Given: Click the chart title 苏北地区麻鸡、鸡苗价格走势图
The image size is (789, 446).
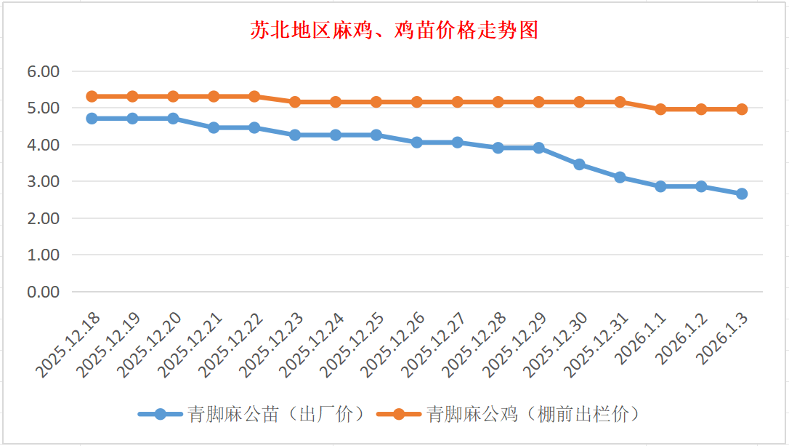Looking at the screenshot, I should coord(394,31).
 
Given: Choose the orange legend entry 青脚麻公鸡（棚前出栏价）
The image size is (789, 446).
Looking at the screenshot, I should coord(508,414).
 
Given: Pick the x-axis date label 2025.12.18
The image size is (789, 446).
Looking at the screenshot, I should coord(69,346).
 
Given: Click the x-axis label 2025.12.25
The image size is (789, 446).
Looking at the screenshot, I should coord(354,346).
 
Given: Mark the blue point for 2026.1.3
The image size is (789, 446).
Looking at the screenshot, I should coord(742,194).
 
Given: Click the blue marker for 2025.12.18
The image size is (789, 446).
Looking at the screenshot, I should coord(92,118).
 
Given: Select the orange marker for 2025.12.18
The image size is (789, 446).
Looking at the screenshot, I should coord(92,96).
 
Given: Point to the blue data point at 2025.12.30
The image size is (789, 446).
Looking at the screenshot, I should coord(579,164).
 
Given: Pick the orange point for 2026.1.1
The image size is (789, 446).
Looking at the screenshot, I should coord(660,109).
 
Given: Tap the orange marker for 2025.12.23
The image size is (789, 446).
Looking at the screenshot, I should coord(295,102).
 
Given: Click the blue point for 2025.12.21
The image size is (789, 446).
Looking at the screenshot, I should coord(214,127).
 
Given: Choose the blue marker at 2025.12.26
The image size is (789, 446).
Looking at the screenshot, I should coord(417,142).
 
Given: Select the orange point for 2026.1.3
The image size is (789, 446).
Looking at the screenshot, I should coord(742,109).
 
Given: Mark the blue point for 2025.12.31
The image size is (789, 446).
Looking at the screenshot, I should coord(620,177).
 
